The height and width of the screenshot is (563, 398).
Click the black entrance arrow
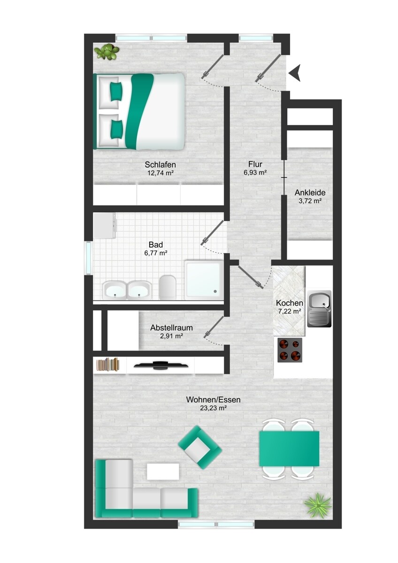[x=295, y=73]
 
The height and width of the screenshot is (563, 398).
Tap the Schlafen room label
[x=160, y=165]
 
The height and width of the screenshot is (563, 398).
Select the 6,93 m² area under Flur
[x=255, y=173]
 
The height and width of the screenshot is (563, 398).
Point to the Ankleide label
[x=310, y=193]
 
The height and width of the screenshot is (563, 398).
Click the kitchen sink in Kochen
[x=319, y=309]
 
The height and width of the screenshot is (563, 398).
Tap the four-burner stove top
[x=290, y=350]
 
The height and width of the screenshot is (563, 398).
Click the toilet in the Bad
[x=168, y=287]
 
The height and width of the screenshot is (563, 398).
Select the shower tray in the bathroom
[x=204, y=280]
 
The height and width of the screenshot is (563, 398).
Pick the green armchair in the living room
[x=200, y=447]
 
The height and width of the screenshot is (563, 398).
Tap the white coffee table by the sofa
[x=163, y=472]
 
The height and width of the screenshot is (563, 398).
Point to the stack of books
[x=107, y=364]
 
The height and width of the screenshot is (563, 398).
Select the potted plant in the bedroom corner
[x=107, y=51]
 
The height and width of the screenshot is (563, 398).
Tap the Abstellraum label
[x=171, y=328]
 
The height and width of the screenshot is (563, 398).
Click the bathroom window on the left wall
[x=88, y=258]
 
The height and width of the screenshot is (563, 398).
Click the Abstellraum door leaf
[x=214, y=327]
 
